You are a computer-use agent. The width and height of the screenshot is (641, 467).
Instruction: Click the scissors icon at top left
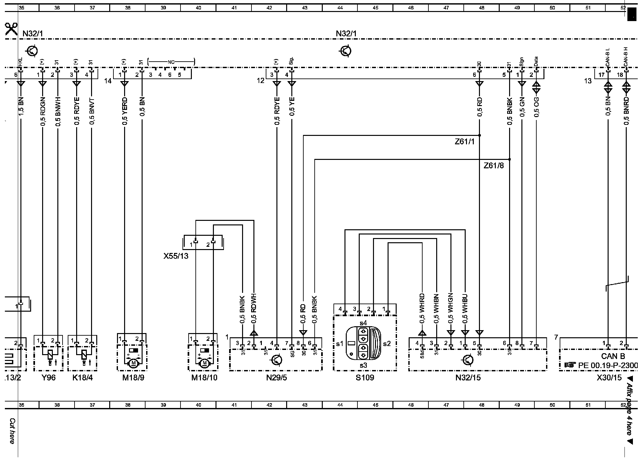click(x=11, y=29)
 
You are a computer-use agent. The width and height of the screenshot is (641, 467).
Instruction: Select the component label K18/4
click(x=82, y=378)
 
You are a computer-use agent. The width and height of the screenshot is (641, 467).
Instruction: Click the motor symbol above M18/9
click(x=133, y=363)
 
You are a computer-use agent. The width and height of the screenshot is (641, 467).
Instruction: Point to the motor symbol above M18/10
click(x=204, y=363)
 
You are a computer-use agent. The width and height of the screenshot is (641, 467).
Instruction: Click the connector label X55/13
click(x=176, y=256)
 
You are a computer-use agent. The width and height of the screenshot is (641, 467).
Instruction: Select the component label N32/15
click(x=468, y=378)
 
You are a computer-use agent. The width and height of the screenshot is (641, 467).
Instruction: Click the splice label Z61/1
click(x=464, y=142)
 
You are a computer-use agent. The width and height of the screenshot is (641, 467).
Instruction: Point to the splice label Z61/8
click(x=494, y=166)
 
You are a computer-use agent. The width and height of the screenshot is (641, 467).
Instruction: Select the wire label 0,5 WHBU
click(x=465, y=309)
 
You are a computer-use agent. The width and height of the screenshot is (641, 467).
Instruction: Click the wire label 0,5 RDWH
click(x=254, y=308)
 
